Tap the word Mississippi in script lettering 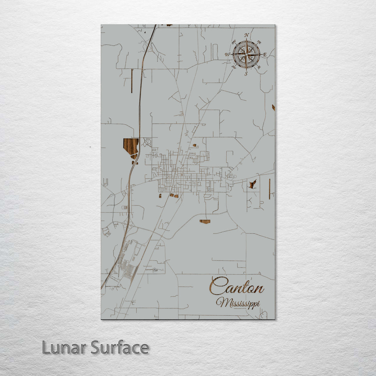pos(238,303)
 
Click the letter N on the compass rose pos(246,35)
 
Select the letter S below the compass pos(246,73)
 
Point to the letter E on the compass pos(265,55)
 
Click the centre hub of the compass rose pos(246,54)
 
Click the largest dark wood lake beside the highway pos(131,146)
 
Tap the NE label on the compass pos(259,42)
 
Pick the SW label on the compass pos(234,67)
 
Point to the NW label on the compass pos(234,42)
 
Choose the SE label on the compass pos(259,67)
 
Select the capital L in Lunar pos(46,347)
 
